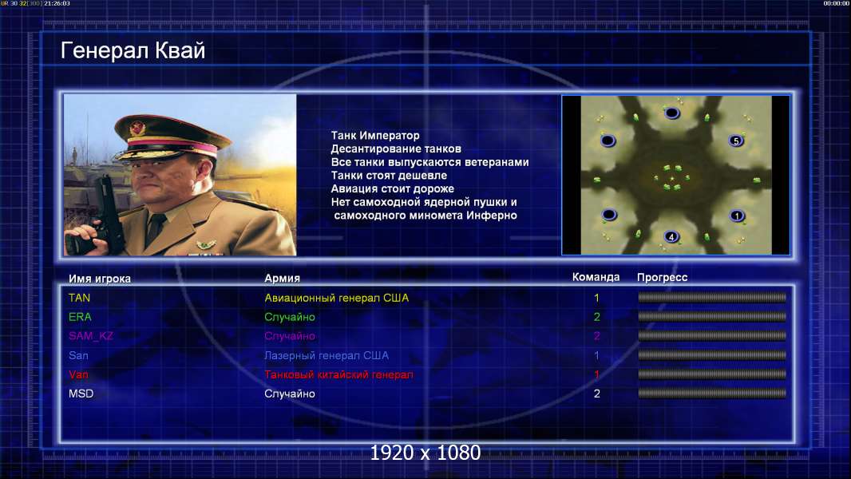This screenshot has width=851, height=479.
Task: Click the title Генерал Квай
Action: pyautogui.click(x=133, y=50)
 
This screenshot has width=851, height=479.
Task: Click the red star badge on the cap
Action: pyautogui.click(x=137, y=128)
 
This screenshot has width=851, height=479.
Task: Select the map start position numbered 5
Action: pyautogui.click(x=736, y=141)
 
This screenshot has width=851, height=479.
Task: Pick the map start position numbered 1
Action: pyautogui.click(x=737, y=216)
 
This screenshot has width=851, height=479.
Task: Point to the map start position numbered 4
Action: pyautogui.click(x=671, y=237)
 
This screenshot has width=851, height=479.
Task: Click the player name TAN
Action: pyautogui.click(x=79, y=298)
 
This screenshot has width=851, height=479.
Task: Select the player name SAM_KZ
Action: pyautogui.click(x=91, y=336)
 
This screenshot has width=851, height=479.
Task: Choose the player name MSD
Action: pyautogui.click(x=81, y=394)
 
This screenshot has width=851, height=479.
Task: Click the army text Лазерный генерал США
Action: pyautogui.click(x=327, y=356)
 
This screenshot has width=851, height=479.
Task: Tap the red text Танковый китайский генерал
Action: pyautogui.click(x=338, y=375)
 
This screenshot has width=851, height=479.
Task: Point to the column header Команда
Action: pyautogui.click(x=596, y=277)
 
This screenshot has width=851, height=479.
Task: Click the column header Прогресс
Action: pyautogui.click(x=662, y=278)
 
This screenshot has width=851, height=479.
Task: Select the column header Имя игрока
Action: pyautogui.click(x=99, y=279)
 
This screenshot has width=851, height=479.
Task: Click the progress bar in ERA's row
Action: pyautogui.click(x=712, y=316)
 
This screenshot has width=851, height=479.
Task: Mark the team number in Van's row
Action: pyautogui.click(x=596, y=374)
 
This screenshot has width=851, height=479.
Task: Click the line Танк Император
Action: pyautogui.click(x=375, y=136)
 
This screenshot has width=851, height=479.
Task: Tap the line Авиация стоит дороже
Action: pyautogui.click(x=393, y=188)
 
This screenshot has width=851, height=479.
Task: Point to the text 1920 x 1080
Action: pyautogui.click(x=425, y=453)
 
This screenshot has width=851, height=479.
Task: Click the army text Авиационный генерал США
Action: pyautogui.click(x=337, y=298)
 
